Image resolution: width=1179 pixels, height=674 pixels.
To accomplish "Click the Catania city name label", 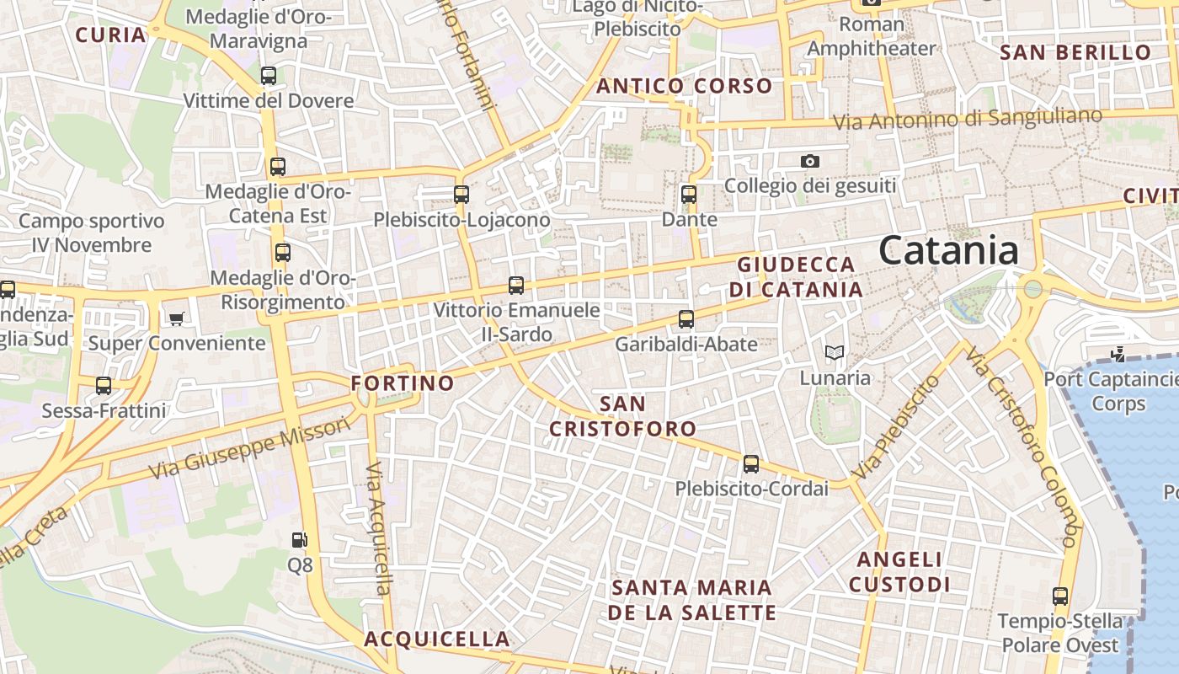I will click(x=948, y=251).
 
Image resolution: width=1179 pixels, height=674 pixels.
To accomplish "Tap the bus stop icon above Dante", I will click(x=689, y=195).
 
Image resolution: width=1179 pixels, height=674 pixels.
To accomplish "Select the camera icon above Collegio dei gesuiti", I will click(x=810, y=161).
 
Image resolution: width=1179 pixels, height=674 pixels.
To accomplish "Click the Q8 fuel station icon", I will click(x=299, y=540).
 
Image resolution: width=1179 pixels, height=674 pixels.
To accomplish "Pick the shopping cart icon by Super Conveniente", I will click(x=176, y=318).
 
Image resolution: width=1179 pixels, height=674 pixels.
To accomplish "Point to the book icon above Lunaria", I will click(x=835, y=352).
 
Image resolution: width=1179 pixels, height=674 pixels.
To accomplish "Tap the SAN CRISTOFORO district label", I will click(x=623, y=416).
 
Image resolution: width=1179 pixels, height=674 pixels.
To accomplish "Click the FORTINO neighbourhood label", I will click(x=403, y=383).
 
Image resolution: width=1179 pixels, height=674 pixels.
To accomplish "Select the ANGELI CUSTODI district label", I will click(x=899, y=572).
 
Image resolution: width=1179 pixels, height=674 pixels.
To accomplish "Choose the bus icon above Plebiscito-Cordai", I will click(x=751, y=464).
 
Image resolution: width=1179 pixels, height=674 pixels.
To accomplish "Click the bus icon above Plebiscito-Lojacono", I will click(x=461, y=195).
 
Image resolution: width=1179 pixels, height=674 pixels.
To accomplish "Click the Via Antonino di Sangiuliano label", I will click(x=967, y=119).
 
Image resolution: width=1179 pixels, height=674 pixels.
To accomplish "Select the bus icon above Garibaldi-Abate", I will click(x=686, y=319).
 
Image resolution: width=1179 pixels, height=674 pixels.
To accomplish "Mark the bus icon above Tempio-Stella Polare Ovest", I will click(x=1060, y=596).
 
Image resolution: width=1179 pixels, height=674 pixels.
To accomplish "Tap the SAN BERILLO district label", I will click(x=1075, y=52).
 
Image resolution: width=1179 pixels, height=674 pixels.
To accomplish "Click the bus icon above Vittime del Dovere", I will click(x=269, y=76).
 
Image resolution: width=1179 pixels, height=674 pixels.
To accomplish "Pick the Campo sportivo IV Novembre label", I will click(x=92, y=233).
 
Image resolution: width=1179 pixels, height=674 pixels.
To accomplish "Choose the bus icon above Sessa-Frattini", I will click(x=104, y=386).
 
